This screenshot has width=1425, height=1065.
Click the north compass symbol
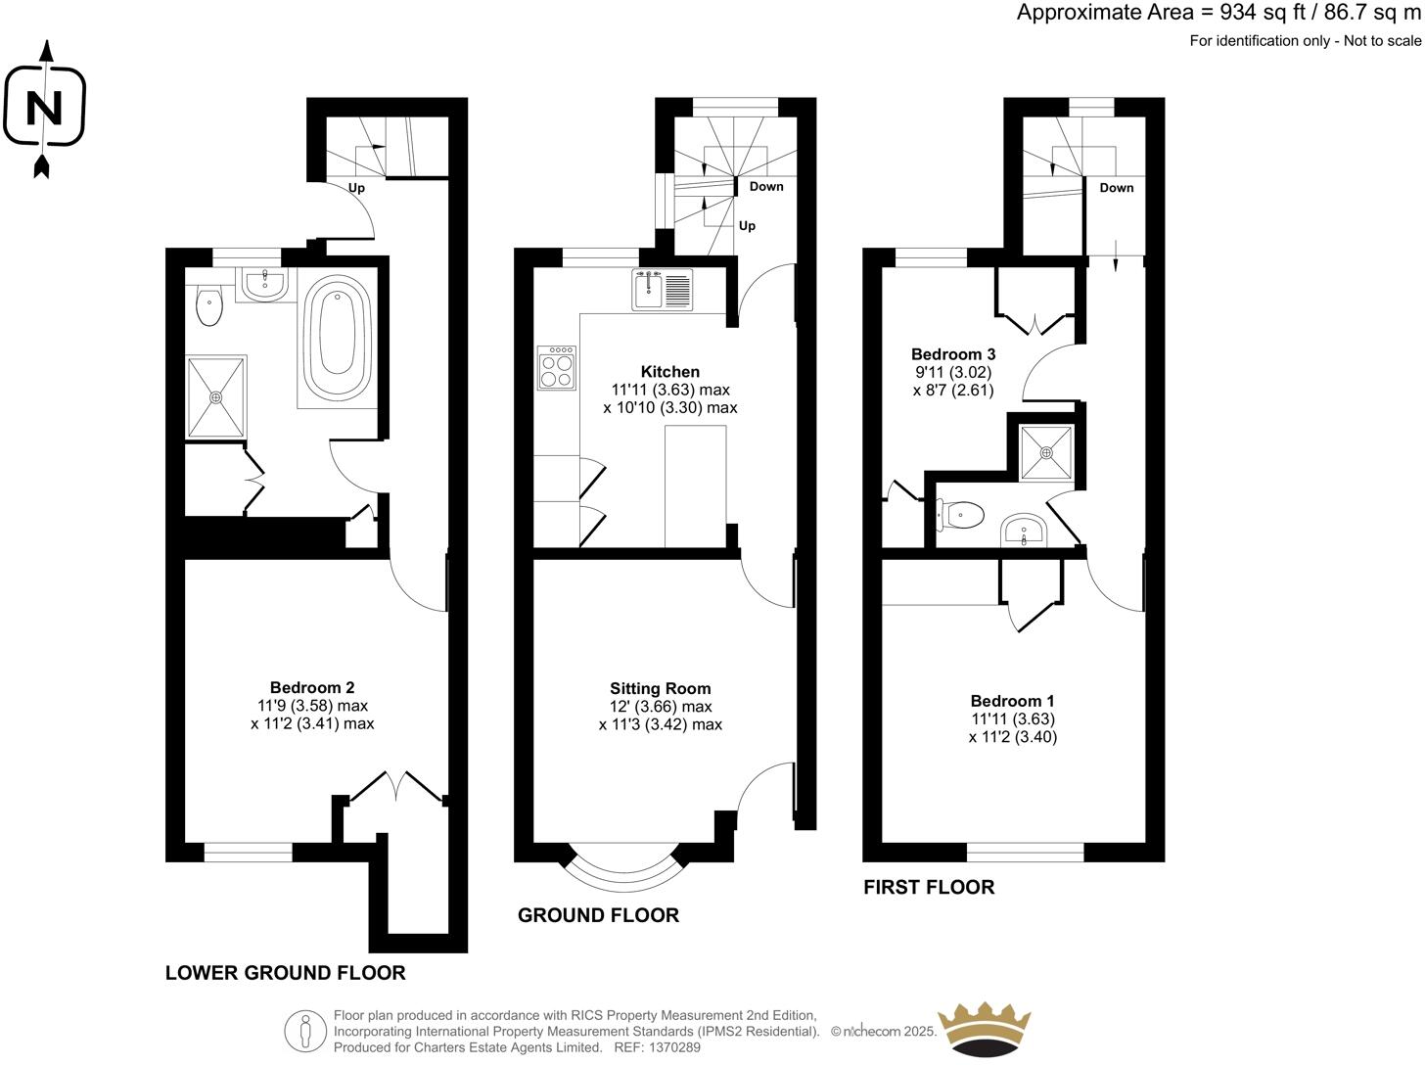[x=43, y=107]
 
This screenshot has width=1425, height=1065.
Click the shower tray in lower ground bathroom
[x=217, y=396]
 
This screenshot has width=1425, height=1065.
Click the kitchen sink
[x=663, y=289]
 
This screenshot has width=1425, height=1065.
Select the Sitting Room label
[x=660, y=688]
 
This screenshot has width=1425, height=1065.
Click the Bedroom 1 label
[x=1012, y=701]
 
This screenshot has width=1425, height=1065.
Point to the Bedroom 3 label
[x=945, y=354]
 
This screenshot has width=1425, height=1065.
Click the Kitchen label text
[x=669, y=372]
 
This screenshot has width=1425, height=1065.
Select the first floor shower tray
[x=1046, y=452]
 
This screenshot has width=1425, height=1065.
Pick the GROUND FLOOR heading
[x=598, y=915]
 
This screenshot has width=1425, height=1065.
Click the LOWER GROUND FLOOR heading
[x=285, y=973]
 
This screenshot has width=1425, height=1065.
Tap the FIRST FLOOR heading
[x=928, y=888]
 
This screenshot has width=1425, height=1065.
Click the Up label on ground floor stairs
[x=747, y=226]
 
